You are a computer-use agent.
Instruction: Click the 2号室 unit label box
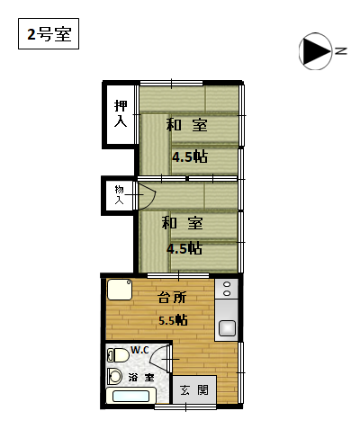(49, 33)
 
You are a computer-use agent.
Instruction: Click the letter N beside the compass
(340, 51)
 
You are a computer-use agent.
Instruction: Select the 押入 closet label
(121, 113)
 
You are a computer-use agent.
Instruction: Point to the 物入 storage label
(119, 194)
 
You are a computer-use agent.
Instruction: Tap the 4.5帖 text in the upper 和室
(190, 156)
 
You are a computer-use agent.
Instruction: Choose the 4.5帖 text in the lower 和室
(184, 248)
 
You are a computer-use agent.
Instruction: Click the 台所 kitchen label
(172, 298)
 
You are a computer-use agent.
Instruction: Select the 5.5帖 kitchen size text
(173, 320)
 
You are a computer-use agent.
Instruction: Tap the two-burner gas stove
(227, 289)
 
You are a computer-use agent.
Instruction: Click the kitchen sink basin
(227, 327)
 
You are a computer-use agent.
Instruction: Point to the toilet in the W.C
(118, 355)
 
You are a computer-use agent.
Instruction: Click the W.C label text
(139, 350)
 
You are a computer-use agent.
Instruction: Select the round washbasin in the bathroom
(114, 376)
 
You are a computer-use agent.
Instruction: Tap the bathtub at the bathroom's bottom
(130, 396)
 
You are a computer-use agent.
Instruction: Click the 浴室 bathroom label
(141, 378)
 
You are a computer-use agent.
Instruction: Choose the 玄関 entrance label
(194, 390)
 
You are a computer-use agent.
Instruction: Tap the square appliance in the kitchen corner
(120, 290)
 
